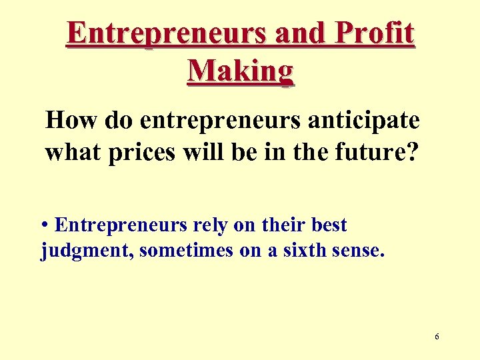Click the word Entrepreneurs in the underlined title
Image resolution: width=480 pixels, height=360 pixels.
[x=166, y=34]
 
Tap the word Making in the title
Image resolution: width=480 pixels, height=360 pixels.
[x=240, y=71]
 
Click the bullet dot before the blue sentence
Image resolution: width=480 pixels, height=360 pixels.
[x=44, y=225]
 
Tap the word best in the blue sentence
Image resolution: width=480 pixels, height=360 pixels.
[x=329, y=225]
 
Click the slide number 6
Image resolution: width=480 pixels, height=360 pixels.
[x=437, y=337]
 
